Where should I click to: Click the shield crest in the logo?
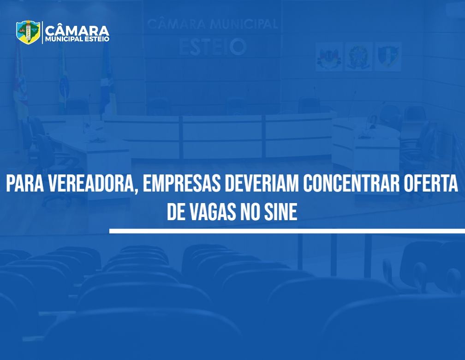tap(28, 32)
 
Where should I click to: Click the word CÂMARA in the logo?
tap(77, 30)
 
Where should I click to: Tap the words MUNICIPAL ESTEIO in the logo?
tap(77, 39)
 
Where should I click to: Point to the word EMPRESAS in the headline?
tap(182, 184)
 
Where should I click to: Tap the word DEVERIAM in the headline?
tap(262, 184)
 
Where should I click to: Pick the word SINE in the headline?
tap(280, 212)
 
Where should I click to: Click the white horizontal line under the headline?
tap(287, 231)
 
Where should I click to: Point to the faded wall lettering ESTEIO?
tap(213, 47)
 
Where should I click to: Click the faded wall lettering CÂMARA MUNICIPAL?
tap(213, 24)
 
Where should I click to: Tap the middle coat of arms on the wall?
tap(358, 57)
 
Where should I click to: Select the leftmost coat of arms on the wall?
tap(329, 57)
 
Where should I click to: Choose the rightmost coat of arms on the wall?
tap(388, 57)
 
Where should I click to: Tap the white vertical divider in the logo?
tap(43, 32)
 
